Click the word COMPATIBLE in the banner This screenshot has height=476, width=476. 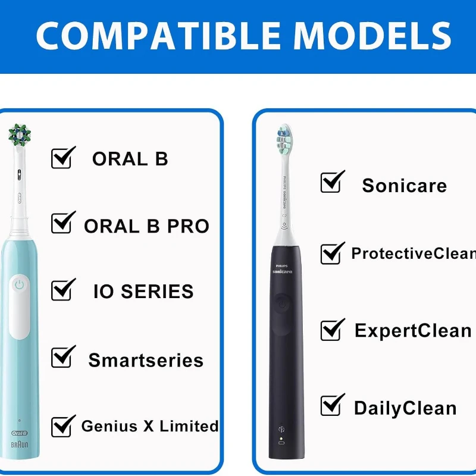(158, 36)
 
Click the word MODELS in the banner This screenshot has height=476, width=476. (372, 36)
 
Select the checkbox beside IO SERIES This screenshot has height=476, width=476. (63, 289)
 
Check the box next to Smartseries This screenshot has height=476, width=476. (63, 356)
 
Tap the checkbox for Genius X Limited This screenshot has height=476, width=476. (63, 426)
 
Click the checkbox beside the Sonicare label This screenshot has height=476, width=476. (333, 181)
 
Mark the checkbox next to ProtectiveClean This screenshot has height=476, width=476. (333, 253)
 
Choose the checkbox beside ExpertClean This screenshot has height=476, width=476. (333, 330)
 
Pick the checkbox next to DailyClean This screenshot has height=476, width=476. (333, 405)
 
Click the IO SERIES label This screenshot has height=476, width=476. (143, 292)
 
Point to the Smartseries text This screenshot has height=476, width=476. (146, 361)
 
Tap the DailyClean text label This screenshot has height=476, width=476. (405, 408)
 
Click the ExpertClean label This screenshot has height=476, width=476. (413, 331)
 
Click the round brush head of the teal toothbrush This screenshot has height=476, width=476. (20, 134)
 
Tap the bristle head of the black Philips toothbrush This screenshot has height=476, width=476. (284, 139)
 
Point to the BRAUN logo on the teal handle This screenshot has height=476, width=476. (20, 444)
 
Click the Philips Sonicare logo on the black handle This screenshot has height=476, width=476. (282, 270)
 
